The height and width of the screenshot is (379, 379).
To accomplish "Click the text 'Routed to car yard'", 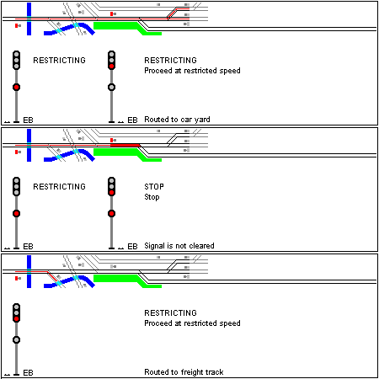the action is (x=177, y=120).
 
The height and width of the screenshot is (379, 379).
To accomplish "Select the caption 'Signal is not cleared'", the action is (x=179, y=246).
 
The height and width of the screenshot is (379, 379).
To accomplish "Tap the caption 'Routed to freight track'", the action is (x=184, y=372).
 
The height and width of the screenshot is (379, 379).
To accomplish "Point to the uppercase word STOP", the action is (x=154, y=187).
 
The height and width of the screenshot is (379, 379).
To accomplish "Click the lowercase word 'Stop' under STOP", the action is (x=152, y=197).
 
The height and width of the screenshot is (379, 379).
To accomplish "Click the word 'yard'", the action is (x=202, y=120).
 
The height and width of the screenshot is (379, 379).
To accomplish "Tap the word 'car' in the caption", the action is (x=186, y=120).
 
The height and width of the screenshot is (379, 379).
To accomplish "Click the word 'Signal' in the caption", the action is (x=155, y=246).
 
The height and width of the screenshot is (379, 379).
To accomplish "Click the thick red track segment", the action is (x=125, y=145).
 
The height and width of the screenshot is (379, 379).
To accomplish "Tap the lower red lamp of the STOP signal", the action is (x=112, y=214).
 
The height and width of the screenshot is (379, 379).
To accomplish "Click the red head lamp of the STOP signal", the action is (x=112, y=193).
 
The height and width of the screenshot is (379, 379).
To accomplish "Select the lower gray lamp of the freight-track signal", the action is (x=17, y=340).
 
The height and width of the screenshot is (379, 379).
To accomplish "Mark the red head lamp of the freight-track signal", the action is (x=17, y=319).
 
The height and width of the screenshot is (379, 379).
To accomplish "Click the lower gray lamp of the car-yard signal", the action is (x=112, y=88).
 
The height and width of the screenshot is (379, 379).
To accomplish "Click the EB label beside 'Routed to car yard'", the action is (x=132, y=120).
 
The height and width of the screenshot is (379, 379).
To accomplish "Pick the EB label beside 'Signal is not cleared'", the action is (x=132, y=247).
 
